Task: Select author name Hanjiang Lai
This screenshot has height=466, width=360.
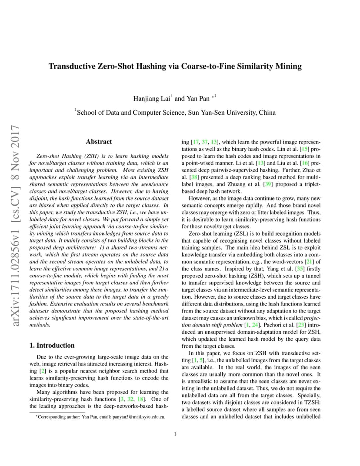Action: click(151, 99)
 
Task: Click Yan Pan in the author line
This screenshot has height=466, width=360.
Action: click(198, 99)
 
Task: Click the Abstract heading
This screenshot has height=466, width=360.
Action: click(99, 142)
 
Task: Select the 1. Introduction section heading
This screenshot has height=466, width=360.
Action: click(52, 346)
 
